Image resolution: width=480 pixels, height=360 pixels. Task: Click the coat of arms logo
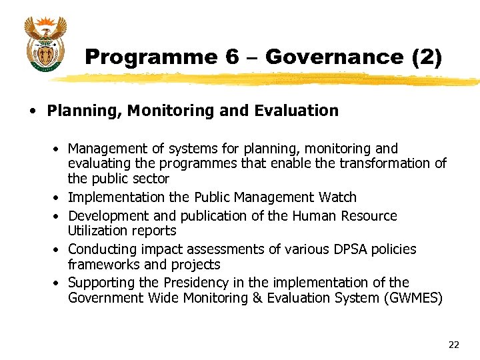pos(45,43)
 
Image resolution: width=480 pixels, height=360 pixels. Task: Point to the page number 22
pos(454,345)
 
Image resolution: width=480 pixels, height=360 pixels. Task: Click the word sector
pos(149,179)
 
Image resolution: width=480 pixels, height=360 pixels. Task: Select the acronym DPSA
pos(349,249)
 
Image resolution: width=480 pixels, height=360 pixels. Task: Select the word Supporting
pos(98,283)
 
